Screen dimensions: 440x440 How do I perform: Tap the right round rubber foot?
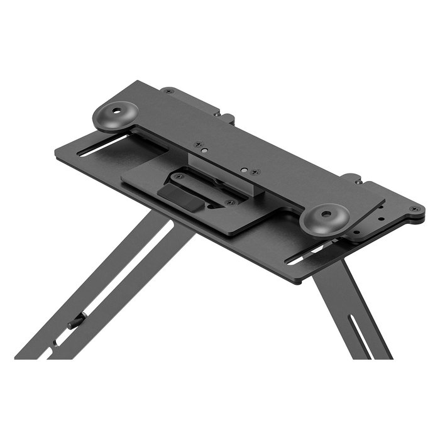[x=324, y=219]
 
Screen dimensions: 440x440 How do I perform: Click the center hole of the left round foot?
[x=116, y=113]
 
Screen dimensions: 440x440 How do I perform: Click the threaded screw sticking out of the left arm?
[x=76, y=322]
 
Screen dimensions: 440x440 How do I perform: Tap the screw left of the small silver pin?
[x=197, y=144]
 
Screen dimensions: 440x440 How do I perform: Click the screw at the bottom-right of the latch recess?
[x=229, y=202]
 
